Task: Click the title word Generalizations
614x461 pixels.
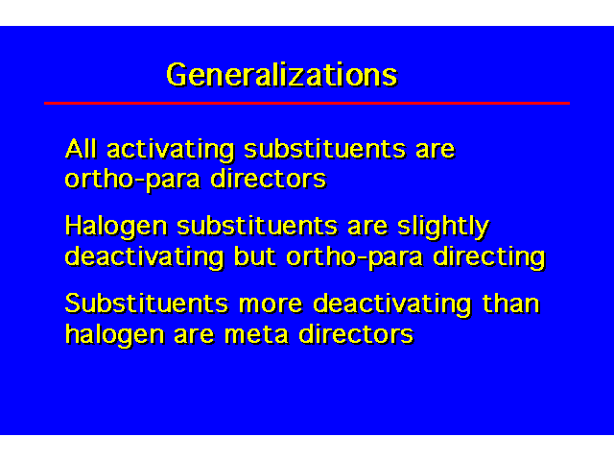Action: click(x=282, y=75)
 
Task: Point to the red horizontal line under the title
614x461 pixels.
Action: click(x=307, y=103)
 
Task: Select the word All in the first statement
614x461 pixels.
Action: click(x=81, y=149)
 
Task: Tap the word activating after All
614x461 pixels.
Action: click(x=171, y=151)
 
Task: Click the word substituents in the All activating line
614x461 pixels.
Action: click(x=324, y=149)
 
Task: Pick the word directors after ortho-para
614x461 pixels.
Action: click(x=269, y=180)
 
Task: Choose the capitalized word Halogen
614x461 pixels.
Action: click(x=116, y=228)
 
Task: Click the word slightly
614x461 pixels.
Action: click(x=443, y=228)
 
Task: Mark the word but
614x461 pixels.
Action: click(x=255, y=257)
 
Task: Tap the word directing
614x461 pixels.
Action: click(x=489, y=258)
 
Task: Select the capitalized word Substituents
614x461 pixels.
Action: click(x=147, y=303)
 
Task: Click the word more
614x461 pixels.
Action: click(x=271, y=305)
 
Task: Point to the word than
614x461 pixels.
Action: click(x=511, y=303)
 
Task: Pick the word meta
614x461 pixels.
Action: click(x=256, y=335)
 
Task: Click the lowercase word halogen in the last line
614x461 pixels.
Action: click(x=115, y=336)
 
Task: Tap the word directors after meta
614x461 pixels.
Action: click(x=356, y=334)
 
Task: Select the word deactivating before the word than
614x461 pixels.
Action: click(x=392, y=305)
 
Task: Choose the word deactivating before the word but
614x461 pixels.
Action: click(x=145, y=258)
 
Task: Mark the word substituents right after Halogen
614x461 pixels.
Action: click(x=257, y=227)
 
